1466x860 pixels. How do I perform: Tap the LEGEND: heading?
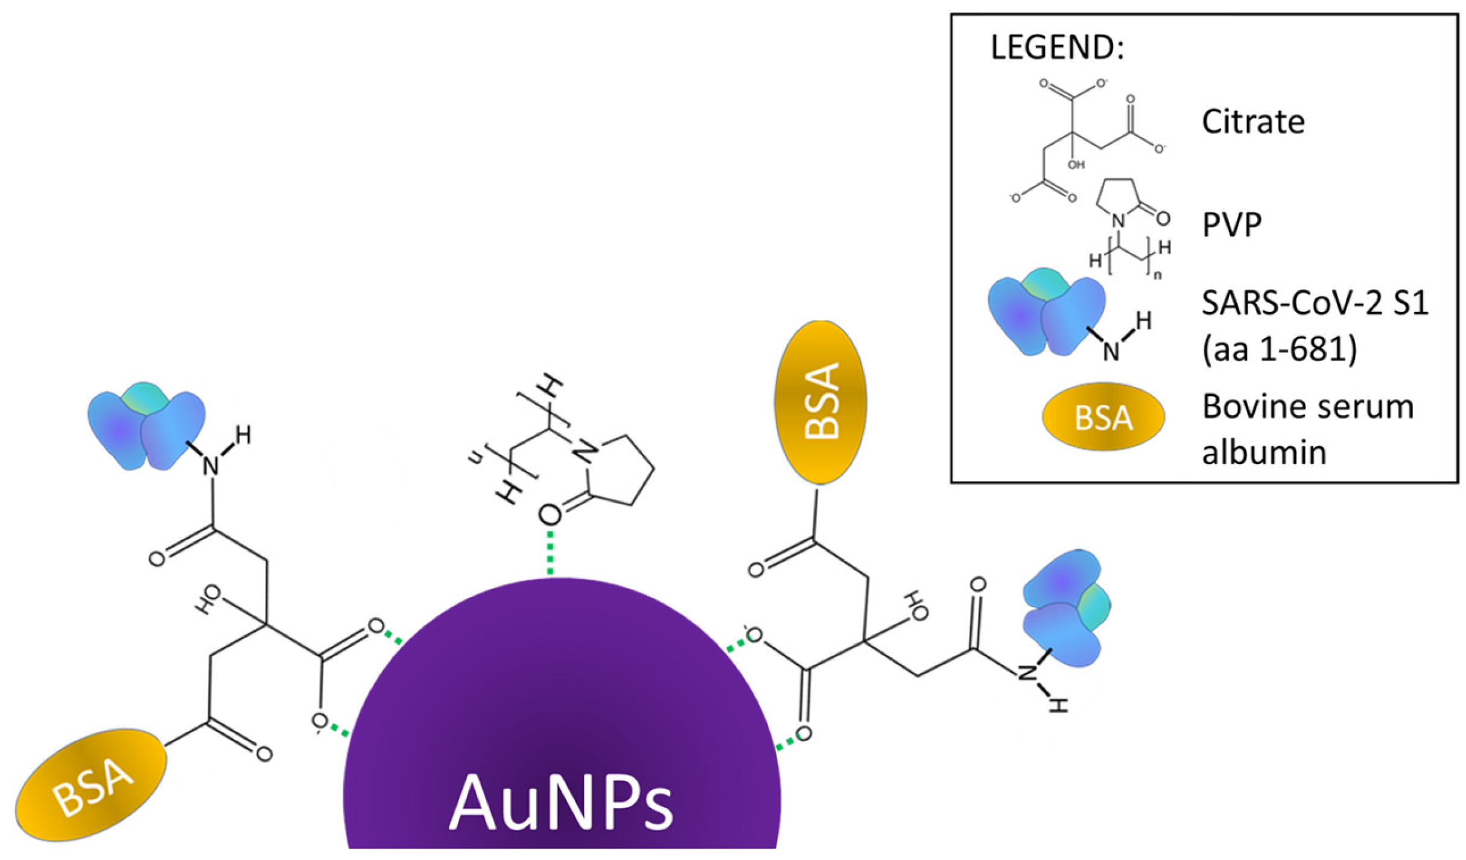tap(1058, 48)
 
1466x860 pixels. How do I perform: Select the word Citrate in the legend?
tap(1253, 122)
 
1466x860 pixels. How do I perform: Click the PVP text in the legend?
tap(1231, 225)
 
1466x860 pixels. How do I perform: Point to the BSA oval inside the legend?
tap(1103, 417)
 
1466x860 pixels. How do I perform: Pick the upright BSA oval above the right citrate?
tap(820, 402)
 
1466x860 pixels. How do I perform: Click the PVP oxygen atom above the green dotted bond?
tap(550, 515)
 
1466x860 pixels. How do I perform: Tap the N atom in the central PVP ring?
tap(585, 453)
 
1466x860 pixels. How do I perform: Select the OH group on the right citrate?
tap(916, 606)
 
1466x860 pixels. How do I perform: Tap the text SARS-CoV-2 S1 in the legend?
tap(1315, 302)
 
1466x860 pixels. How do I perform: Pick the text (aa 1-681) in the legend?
tap(1279, 349)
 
